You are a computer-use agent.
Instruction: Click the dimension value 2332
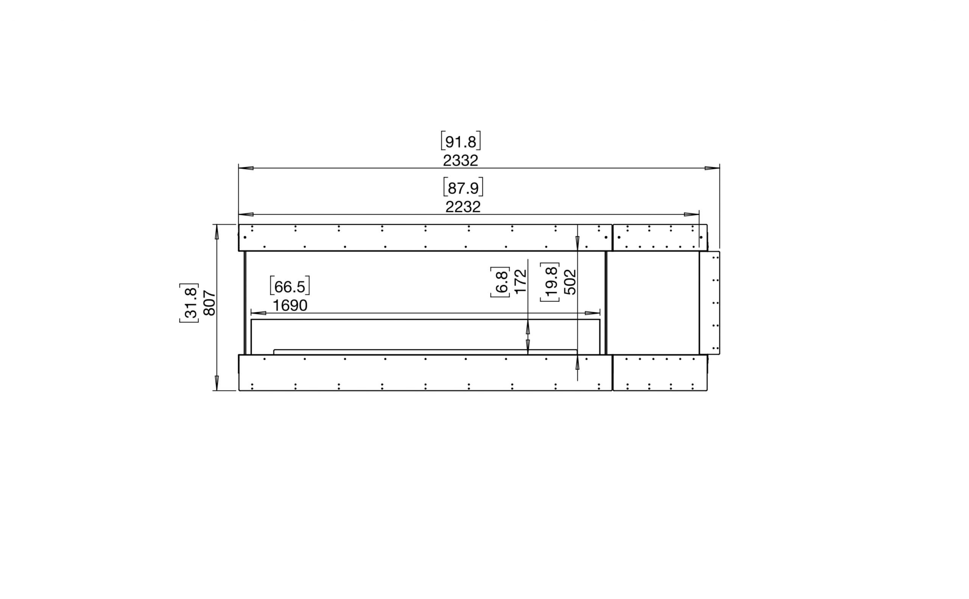point(460,160)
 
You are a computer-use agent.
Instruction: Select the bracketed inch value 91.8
point(461,141)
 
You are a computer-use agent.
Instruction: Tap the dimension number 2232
point(463,207)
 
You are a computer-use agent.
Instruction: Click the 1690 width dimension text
point(290,305)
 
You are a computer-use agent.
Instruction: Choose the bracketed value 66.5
point(290,286)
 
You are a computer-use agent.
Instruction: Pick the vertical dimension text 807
point(210,303)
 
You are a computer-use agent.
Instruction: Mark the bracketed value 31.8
point(189,303)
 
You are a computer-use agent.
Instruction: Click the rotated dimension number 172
point(520,282)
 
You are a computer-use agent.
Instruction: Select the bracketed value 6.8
point(500,282)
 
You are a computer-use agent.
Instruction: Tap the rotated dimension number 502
point(570,282)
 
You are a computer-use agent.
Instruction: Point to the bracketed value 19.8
point(550,282)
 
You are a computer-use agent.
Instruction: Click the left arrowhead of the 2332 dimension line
point(246,168)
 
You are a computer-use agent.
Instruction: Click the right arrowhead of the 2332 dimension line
point(712,168)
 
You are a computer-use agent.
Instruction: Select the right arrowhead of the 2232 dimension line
point(692,214)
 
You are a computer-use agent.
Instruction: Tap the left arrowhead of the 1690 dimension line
point(259,313)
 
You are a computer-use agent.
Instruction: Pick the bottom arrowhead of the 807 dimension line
point(217,382)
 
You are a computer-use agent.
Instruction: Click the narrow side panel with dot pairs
point(709,303)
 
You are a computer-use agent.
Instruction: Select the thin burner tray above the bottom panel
point(425,352)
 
